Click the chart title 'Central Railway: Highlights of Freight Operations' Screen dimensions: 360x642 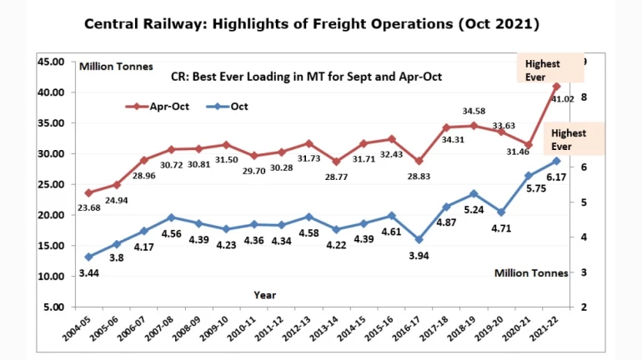click(x=313, y=23)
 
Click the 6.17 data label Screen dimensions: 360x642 click(x=557, y=177)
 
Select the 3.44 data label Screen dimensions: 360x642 click(x=88, y=272)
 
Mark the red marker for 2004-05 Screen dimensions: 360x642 click(x=88, y=192)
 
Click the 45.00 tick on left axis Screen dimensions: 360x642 click(x=52, y=62)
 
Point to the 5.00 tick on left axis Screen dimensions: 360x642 click(x=54, y=307)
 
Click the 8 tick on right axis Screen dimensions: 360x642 click(x=584, y=97)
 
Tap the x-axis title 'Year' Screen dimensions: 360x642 click(x=265, y=294)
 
